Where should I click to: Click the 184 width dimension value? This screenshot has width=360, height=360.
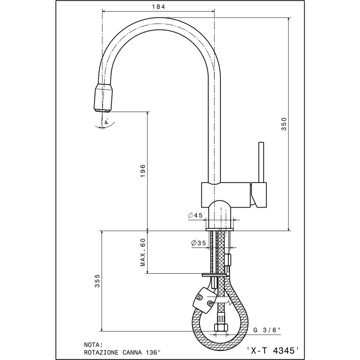pos(158,7)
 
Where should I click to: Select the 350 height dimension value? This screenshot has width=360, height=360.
pos(284,124)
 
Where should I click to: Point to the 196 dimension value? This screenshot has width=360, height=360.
pos(143,170)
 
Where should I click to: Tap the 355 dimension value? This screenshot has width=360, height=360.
pos(97,281)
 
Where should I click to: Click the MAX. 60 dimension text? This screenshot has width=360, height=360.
pos(143,252)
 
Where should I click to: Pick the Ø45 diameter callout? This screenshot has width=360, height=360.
pos(195,215)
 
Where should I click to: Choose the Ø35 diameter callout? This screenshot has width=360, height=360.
pos(198,242)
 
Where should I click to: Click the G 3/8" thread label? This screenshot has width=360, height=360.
pos(267,330)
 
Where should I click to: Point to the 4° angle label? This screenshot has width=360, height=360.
pos(106,121)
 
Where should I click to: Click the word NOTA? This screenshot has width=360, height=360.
pos(93,345)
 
